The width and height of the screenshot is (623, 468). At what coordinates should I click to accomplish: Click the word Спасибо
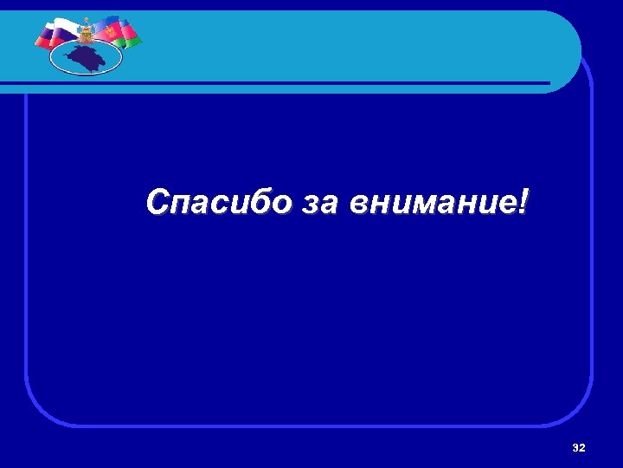[220, 203]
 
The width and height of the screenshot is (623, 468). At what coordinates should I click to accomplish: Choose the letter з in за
[311, 205]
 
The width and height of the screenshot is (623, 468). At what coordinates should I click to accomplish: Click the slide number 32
[579, 447]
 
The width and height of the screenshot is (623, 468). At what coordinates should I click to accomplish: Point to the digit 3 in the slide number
[575, 447]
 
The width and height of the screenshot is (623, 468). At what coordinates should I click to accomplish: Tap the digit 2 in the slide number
[582, 447]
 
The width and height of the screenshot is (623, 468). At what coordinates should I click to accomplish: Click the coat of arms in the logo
[87, 33]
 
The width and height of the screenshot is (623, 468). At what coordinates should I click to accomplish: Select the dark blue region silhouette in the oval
[86, 58]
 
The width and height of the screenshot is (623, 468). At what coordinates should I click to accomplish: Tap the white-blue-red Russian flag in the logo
[54, 32]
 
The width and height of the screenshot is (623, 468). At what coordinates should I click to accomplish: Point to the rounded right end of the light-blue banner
[567, 48]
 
